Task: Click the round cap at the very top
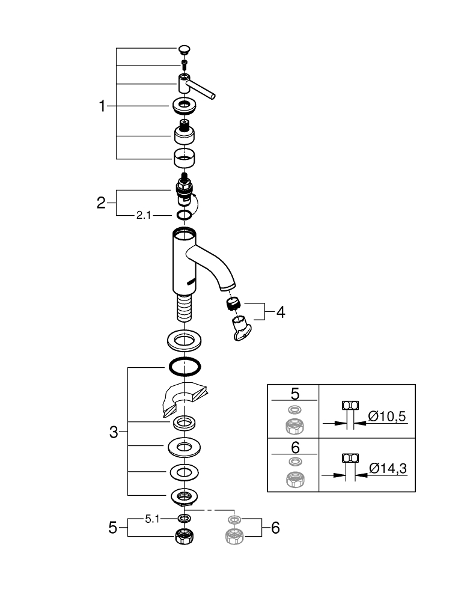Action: pos(184,49)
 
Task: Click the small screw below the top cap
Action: pos(184,64)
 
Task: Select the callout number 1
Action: pos(102,106)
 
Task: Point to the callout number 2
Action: pos(101,203)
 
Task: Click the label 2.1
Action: pos(144,215)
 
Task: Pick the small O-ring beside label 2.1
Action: pos(184,215)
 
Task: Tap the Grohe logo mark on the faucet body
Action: pos(191,282)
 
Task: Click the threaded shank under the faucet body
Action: pos(185,308)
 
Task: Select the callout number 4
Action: pos(281,313)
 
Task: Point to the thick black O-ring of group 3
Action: pos(185,367)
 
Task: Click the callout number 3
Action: pos(114,432)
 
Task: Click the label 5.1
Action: pos(152,519)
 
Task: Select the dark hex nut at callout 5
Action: pos(184,536)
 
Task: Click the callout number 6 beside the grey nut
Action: pos(275,528)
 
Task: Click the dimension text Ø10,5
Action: pos(387,416)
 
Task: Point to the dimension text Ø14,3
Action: pos(388,468)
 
